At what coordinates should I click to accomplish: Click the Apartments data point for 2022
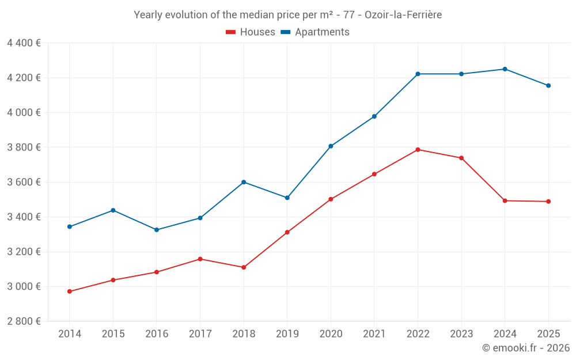[418, 74]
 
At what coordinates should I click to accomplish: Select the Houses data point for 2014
[70, 291]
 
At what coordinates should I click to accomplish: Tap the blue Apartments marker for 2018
[244, 182]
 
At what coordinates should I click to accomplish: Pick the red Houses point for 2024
[505, 200]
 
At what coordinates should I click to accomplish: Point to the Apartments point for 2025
[548, 86]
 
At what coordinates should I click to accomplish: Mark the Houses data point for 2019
[287, 232]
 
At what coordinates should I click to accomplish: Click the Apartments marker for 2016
[157, 230]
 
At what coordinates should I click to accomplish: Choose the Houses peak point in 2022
[418, 150]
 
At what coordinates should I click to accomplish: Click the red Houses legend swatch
[231, 32]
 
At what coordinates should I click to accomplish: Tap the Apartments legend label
[322, 32]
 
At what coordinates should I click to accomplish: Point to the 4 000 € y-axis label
[24, 112]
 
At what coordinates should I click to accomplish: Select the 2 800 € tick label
[24, 321]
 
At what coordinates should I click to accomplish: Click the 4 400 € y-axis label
[24, 43]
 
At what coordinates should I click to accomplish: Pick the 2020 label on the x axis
[331, 334]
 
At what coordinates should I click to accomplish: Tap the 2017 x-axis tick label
[200, 334]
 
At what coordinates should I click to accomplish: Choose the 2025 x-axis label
[548, 334]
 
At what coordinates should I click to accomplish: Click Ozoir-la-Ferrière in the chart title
[403, 15]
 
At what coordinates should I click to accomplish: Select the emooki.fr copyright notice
[526, 347]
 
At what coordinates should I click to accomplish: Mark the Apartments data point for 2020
[331, 146]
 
